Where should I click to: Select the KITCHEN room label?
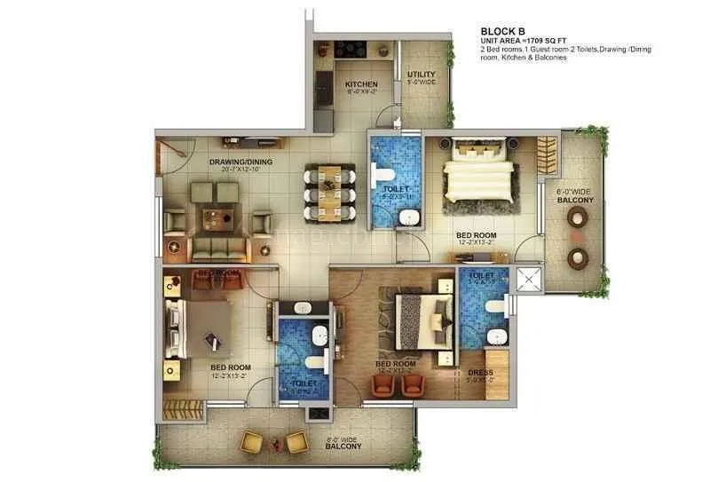[361, 85]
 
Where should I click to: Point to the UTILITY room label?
[420, 75]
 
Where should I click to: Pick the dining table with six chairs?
[329, 193]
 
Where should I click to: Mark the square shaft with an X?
[531, 279]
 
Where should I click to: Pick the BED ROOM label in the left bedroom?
[230, 367]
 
